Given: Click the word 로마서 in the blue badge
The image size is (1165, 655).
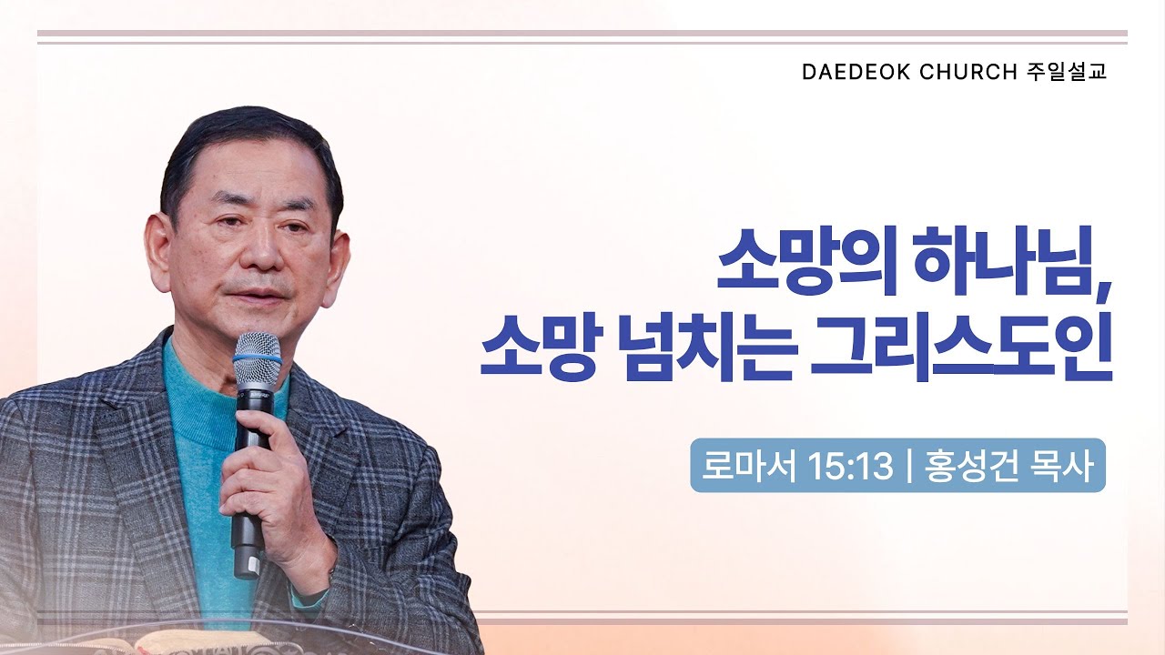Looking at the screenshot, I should tap(744, 466).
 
